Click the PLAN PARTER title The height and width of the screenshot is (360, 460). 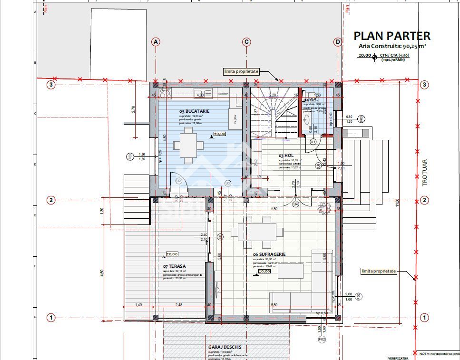[x=392, y=36]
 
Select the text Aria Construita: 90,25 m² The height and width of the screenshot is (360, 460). [x=392, y=47]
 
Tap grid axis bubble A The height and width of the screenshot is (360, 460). [x=156, y=42]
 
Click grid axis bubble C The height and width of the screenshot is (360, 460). [x=246, y=42]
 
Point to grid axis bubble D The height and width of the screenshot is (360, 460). [x=338, y=42]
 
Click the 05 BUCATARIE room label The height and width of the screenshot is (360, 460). [x=195, y=111]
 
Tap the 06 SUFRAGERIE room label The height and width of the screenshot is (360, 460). [x=269, y=254]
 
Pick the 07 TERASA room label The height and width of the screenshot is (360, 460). [x=174, y=266]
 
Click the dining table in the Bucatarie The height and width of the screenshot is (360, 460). [x=188, y=144]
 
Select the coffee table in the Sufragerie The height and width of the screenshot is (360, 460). [x=291, y=271]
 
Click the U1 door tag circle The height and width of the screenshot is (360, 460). [x=313, y=142]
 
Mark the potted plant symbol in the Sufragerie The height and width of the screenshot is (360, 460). [x=325, y=207]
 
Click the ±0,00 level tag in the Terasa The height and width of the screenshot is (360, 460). [x=172, y=254]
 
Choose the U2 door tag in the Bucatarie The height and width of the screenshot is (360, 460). [x=179, y=181]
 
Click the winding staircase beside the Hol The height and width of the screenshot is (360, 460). [x=274, y=114]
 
